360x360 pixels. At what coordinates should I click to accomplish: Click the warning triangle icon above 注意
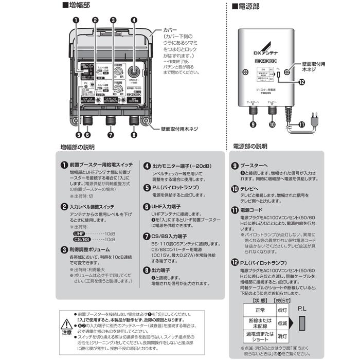coord(67,323)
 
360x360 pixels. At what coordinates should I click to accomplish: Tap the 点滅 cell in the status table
coord(282,323)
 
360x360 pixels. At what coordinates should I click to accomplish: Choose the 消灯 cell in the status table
coord(282,337)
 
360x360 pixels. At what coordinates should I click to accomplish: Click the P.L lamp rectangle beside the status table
coord(302,324)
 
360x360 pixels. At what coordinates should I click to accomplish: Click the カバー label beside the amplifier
coord(171,30)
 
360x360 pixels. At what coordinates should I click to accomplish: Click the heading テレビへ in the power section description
coord(250,189)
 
